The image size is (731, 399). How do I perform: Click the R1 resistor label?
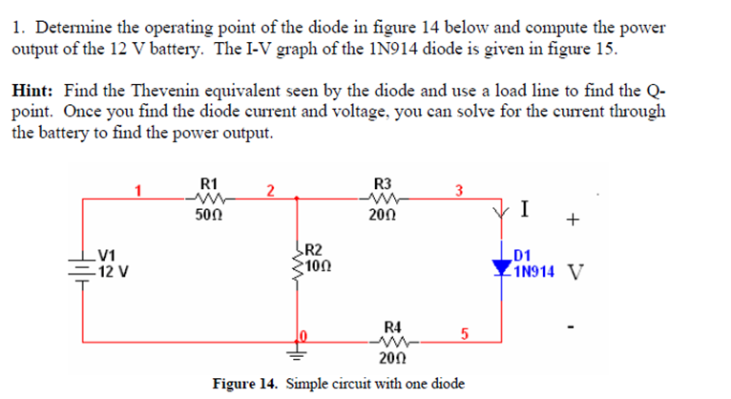tap(211, 182)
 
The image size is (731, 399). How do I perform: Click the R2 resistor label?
tap(314, 248)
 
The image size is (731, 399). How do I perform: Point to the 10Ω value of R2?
tap(318, 262)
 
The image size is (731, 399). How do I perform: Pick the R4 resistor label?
tap(389, 325)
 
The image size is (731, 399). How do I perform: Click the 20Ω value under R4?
tap(389, 359)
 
